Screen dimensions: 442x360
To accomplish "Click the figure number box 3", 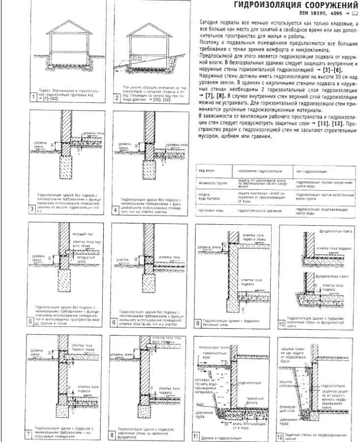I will [32, 209].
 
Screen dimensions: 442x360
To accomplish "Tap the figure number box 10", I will [282, 324].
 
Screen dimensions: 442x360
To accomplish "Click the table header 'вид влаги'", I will [205, 170].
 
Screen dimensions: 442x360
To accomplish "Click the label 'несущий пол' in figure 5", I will [79, 234].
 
